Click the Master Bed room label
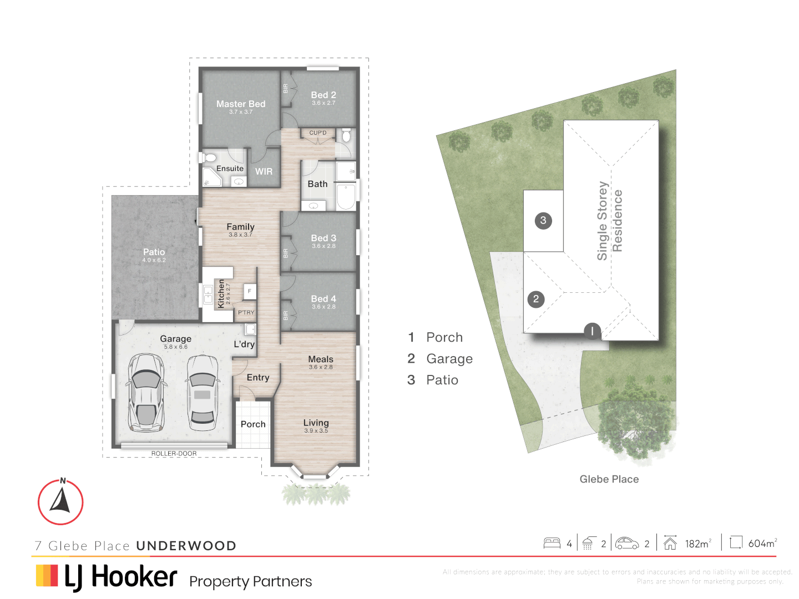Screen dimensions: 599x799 click(x=241, y=104)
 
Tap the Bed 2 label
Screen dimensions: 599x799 click(x=323, y=95)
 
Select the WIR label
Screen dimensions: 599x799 click(x=264, y=172)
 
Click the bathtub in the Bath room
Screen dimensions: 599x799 click(x=346, y=197)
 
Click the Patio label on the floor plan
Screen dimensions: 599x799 click(x=154, y=252)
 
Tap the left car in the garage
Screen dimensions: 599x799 click(x=146, y=393)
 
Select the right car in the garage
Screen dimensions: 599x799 click(x=202, y=393)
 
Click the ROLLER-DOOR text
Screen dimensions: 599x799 click(x=174, y=454)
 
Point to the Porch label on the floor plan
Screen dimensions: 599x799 click(x=253, y=424)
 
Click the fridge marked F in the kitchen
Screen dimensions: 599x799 click(x=250, y=291)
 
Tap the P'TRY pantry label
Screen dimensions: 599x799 click(x=246, y=313)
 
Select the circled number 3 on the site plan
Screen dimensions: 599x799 click(x=543, y=221)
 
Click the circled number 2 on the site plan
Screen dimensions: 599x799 click(x=536, y=299)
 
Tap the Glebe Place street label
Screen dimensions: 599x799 click(x=609, y=479)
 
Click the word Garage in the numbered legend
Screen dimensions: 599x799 click(x=449, y=359)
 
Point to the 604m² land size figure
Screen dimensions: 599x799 click(x=762, y=544)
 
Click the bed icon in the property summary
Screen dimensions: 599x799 click(x=552, y=543)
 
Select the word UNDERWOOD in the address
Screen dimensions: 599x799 click(x=186, y=546)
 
